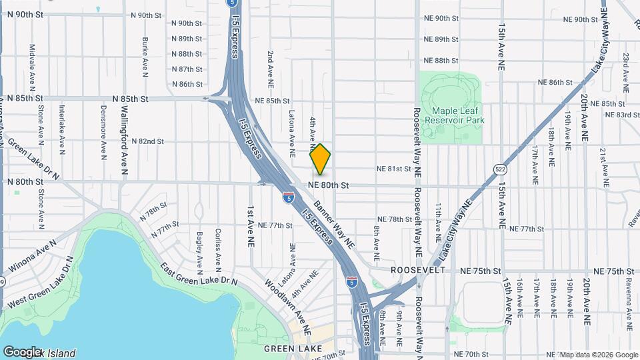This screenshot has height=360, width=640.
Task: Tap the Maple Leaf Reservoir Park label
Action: (x=457, y=115)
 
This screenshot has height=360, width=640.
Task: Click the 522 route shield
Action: (x=499, y=170)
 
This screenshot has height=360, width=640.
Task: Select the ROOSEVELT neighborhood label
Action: (x=418, y=270)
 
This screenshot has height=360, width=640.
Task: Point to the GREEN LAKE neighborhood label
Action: (x=293, y=349)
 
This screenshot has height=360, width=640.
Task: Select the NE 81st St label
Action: (x=394, y=169)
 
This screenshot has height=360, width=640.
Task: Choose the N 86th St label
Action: (x=187, y=84)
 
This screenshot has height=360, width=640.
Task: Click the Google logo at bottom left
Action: (x=22, y=351)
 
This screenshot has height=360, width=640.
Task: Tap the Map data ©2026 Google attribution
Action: (x=598, y=355)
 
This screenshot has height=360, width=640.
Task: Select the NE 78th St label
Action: (x=395, y=219)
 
